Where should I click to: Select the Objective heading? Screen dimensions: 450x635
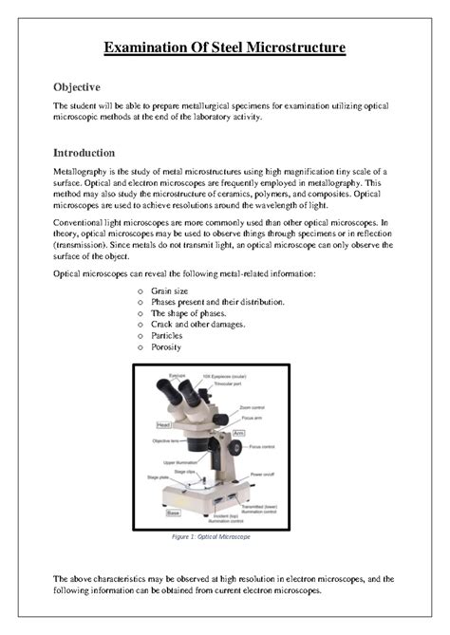(x=77, y=87)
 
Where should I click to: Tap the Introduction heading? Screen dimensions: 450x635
(x=84, y=153)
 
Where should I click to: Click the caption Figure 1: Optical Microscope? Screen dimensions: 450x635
(x=225, y=537)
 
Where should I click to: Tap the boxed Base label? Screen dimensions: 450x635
(x=174, y=513)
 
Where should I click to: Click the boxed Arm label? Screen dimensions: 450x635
(x=238, y=433)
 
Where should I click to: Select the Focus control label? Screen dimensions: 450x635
(x=261, y=446)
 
